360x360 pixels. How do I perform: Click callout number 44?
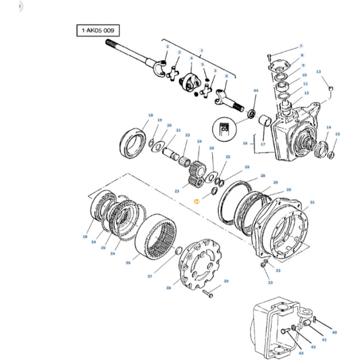pos(255,90)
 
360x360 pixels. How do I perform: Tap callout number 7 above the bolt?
pos(301,45)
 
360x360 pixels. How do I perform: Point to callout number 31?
pos(312,202)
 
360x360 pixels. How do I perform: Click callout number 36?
pos(128,263)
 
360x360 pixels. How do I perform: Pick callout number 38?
pos(169,287)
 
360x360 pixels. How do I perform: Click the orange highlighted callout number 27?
pos(195,202)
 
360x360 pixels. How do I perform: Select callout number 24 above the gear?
pos(199,141)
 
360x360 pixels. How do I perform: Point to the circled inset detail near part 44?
pos(227,126)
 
